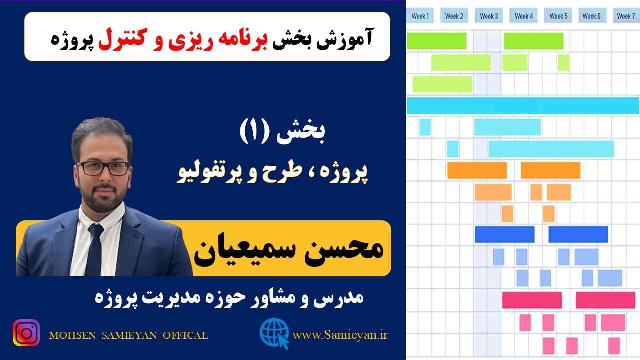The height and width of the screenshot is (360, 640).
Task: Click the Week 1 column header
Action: (x=420, y=16)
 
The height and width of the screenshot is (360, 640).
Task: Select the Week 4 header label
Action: (x=523, y=16)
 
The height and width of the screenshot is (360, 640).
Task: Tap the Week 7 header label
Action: (x=626, y=16)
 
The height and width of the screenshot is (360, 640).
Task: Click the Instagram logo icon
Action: (x=26, y=333)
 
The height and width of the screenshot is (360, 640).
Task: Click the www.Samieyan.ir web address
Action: (x=340, y=335)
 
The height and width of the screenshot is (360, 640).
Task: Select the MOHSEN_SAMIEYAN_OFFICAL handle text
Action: (x=128, y=335)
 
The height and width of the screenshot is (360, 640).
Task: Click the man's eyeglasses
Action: (x=103, y=168)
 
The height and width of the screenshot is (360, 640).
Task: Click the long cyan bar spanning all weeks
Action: (x=523, y=105)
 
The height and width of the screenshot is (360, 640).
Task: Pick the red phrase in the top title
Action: (x=183, y=39)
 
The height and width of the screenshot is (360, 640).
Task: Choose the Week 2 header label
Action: (x=454, y=16)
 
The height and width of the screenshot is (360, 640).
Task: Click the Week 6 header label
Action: (x=591, y=16)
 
